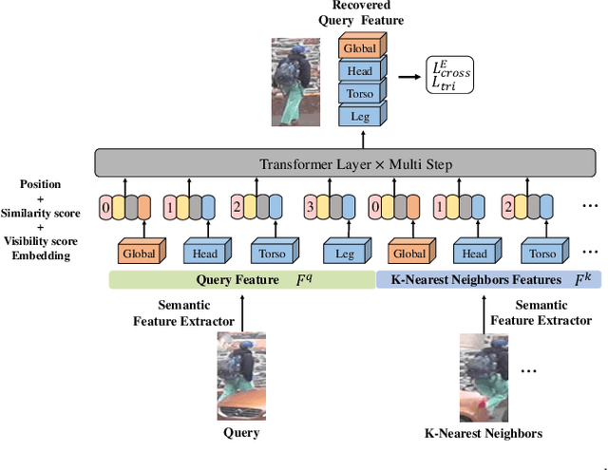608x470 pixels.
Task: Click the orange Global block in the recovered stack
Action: (x=359, y=47)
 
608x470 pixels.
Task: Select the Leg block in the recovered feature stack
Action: (x=359, y=117)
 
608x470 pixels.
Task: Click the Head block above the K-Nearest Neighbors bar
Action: (x=474, y=254)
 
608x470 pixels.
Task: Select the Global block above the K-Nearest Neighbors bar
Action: (x=409, y=254)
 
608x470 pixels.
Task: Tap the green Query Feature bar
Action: (x=242, y=280)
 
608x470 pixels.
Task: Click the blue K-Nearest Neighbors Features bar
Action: (x=490, y=280)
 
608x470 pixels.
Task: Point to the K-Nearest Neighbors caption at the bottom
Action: (x=484, y=433)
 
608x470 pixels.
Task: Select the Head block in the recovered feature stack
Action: (x=359, y=70)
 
